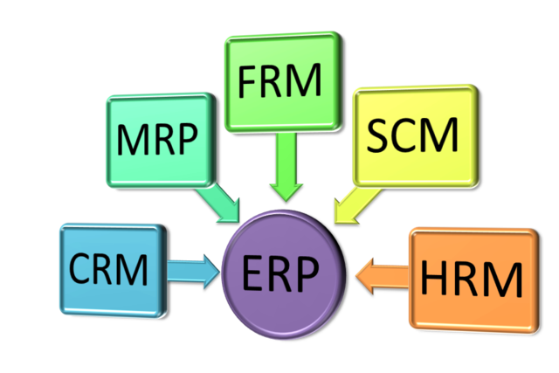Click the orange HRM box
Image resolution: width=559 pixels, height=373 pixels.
[x=472, y=280]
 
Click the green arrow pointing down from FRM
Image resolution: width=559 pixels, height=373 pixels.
[x=283, y=167]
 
